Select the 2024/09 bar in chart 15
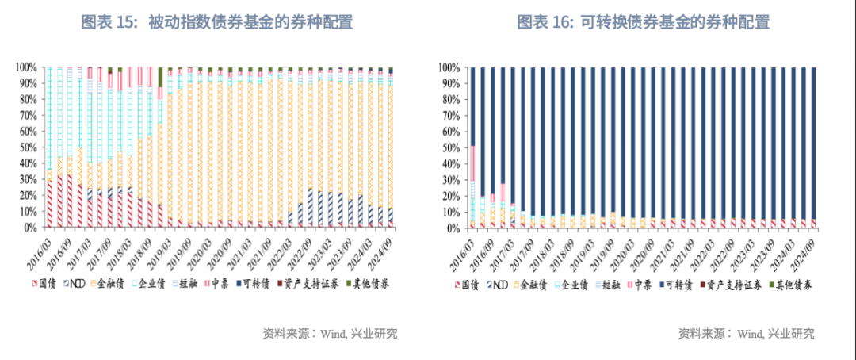[x=391, y=151]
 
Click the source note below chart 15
[x=330, y=333]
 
